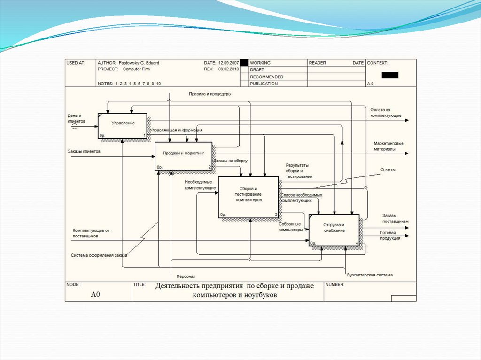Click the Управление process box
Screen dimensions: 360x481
(123, 126)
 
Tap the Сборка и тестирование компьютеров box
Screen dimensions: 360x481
(249, 197)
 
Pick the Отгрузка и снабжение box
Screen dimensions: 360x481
(334, 230)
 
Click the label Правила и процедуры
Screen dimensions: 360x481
(210, 94)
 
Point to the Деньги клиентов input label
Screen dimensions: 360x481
(77, 118)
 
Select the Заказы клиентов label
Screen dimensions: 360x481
(84, 151)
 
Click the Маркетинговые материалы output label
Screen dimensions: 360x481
(388, 146)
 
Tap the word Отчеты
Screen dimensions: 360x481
(388, 170)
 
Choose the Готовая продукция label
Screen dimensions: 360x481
(390, 236)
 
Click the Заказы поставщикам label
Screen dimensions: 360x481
(395, 218)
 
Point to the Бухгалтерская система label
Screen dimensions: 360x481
(370, 275)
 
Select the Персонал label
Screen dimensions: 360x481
(186, 276)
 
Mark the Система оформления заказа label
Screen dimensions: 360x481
(99, 256)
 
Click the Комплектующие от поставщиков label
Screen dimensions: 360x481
(91, 233)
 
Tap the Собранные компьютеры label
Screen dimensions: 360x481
(291, 227)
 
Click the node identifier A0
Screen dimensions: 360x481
(96, 295)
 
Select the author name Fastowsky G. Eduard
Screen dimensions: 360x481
(139, 63)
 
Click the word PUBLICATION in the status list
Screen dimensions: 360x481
(264, 84)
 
